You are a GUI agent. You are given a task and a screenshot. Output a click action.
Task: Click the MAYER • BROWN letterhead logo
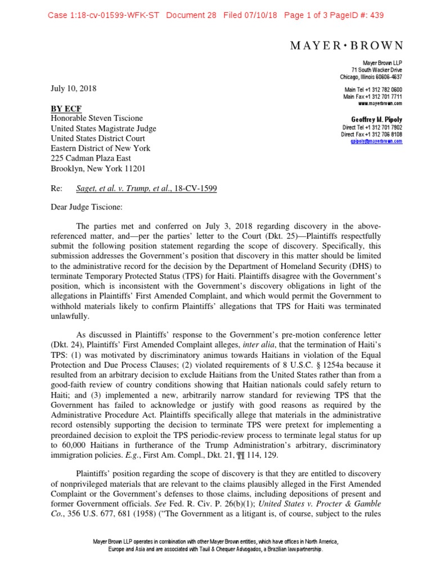346,45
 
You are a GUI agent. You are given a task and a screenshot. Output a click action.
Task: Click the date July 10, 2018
73,88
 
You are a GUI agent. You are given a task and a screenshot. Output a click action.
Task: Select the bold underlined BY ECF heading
66,108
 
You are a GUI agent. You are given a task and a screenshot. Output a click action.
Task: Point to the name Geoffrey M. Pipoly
376,120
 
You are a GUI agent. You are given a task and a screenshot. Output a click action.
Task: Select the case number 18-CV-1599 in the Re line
196,189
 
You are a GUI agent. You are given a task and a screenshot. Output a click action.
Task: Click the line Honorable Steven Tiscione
97,118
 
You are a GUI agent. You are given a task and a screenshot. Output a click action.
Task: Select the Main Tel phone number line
372,90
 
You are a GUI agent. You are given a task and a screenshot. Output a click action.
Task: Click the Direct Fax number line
372,134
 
